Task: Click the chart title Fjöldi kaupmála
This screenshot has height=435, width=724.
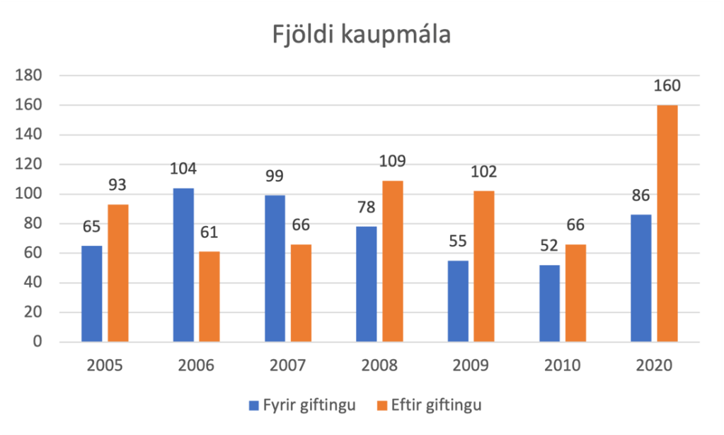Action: [x=362, y=34]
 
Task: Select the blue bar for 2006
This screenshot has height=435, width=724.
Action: [x=183, y=265]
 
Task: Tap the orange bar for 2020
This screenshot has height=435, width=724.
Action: [x=667, y=224]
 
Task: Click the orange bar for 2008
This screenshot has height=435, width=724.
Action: [x=392, y=261]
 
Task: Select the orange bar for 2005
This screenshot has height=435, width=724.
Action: [x=118, y=273]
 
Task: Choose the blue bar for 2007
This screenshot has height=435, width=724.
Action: [x=275, y=269]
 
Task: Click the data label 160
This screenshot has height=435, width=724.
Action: [x=667, y=86]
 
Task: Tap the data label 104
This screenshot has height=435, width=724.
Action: [x=183, y=169]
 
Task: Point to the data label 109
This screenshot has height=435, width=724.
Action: [x=392, y=162]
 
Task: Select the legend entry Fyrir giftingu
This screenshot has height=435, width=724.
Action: [x=301, y=405]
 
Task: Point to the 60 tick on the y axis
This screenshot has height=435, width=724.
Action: [x=34, y=254]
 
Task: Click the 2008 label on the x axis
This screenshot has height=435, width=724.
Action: [x=379, y=366]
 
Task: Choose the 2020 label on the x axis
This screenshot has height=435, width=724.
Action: [x=654, y=366]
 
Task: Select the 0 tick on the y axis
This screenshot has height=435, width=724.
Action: [x=38, y=343]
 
